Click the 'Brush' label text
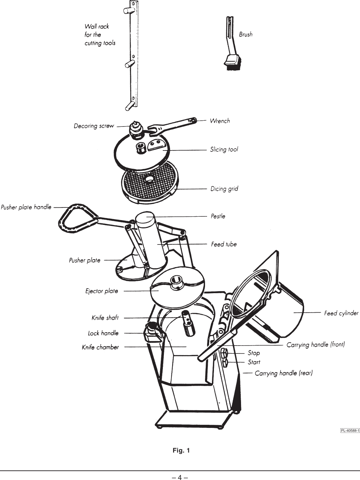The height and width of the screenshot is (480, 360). tap(245, 34)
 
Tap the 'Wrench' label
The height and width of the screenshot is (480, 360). tap(219, 121)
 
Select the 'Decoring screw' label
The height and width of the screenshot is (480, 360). tap(94, 126)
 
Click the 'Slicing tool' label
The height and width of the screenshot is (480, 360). tap(224, 149)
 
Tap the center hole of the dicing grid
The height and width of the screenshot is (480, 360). tap(149, 179)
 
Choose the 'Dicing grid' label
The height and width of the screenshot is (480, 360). tap(224, 189)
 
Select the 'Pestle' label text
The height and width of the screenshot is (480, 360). tap(218, 216)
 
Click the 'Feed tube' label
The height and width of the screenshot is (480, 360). tap(224, 244)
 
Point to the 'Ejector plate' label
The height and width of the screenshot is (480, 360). tap(101, 291)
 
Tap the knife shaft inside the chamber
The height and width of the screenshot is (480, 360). tap(188, 322)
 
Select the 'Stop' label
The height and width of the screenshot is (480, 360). tap(253, 353)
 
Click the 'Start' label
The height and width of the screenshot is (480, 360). tap(254, 362)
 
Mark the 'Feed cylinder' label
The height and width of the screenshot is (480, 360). tap(341, 313)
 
